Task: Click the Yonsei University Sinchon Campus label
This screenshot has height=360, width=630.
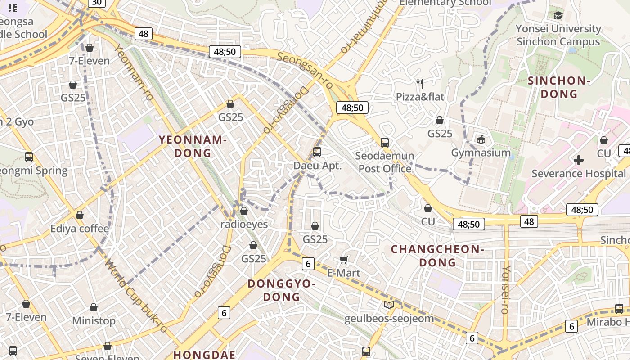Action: tap(558, 35)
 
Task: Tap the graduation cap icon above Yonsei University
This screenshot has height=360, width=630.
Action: tap(558, 15)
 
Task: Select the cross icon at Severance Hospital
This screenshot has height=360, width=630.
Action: tap(579, 160)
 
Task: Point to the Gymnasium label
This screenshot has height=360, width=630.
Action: tap(481, 153)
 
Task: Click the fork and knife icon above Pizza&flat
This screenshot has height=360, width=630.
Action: tap(420, 83)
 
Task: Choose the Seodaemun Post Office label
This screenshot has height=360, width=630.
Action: tap(385, 162)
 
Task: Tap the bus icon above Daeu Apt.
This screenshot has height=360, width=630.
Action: tap(317, 152)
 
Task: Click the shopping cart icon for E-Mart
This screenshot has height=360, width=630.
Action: tap(344, 260)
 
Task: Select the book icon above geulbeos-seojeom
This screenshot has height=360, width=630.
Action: tap(389, 305)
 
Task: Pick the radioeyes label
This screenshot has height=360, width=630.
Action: tap(244, 224)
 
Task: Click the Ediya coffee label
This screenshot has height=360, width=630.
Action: tap(80, 229)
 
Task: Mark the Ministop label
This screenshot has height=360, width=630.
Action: tap(94, 321)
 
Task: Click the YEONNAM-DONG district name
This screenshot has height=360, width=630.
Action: tap(193, 146)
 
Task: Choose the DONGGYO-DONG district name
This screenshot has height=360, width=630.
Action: tap(281, 290)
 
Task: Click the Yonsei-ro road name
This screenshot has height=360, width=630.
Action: tap(506, 289)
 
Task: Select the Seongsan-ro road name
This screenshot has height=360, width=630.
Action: tap(305, 70)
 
